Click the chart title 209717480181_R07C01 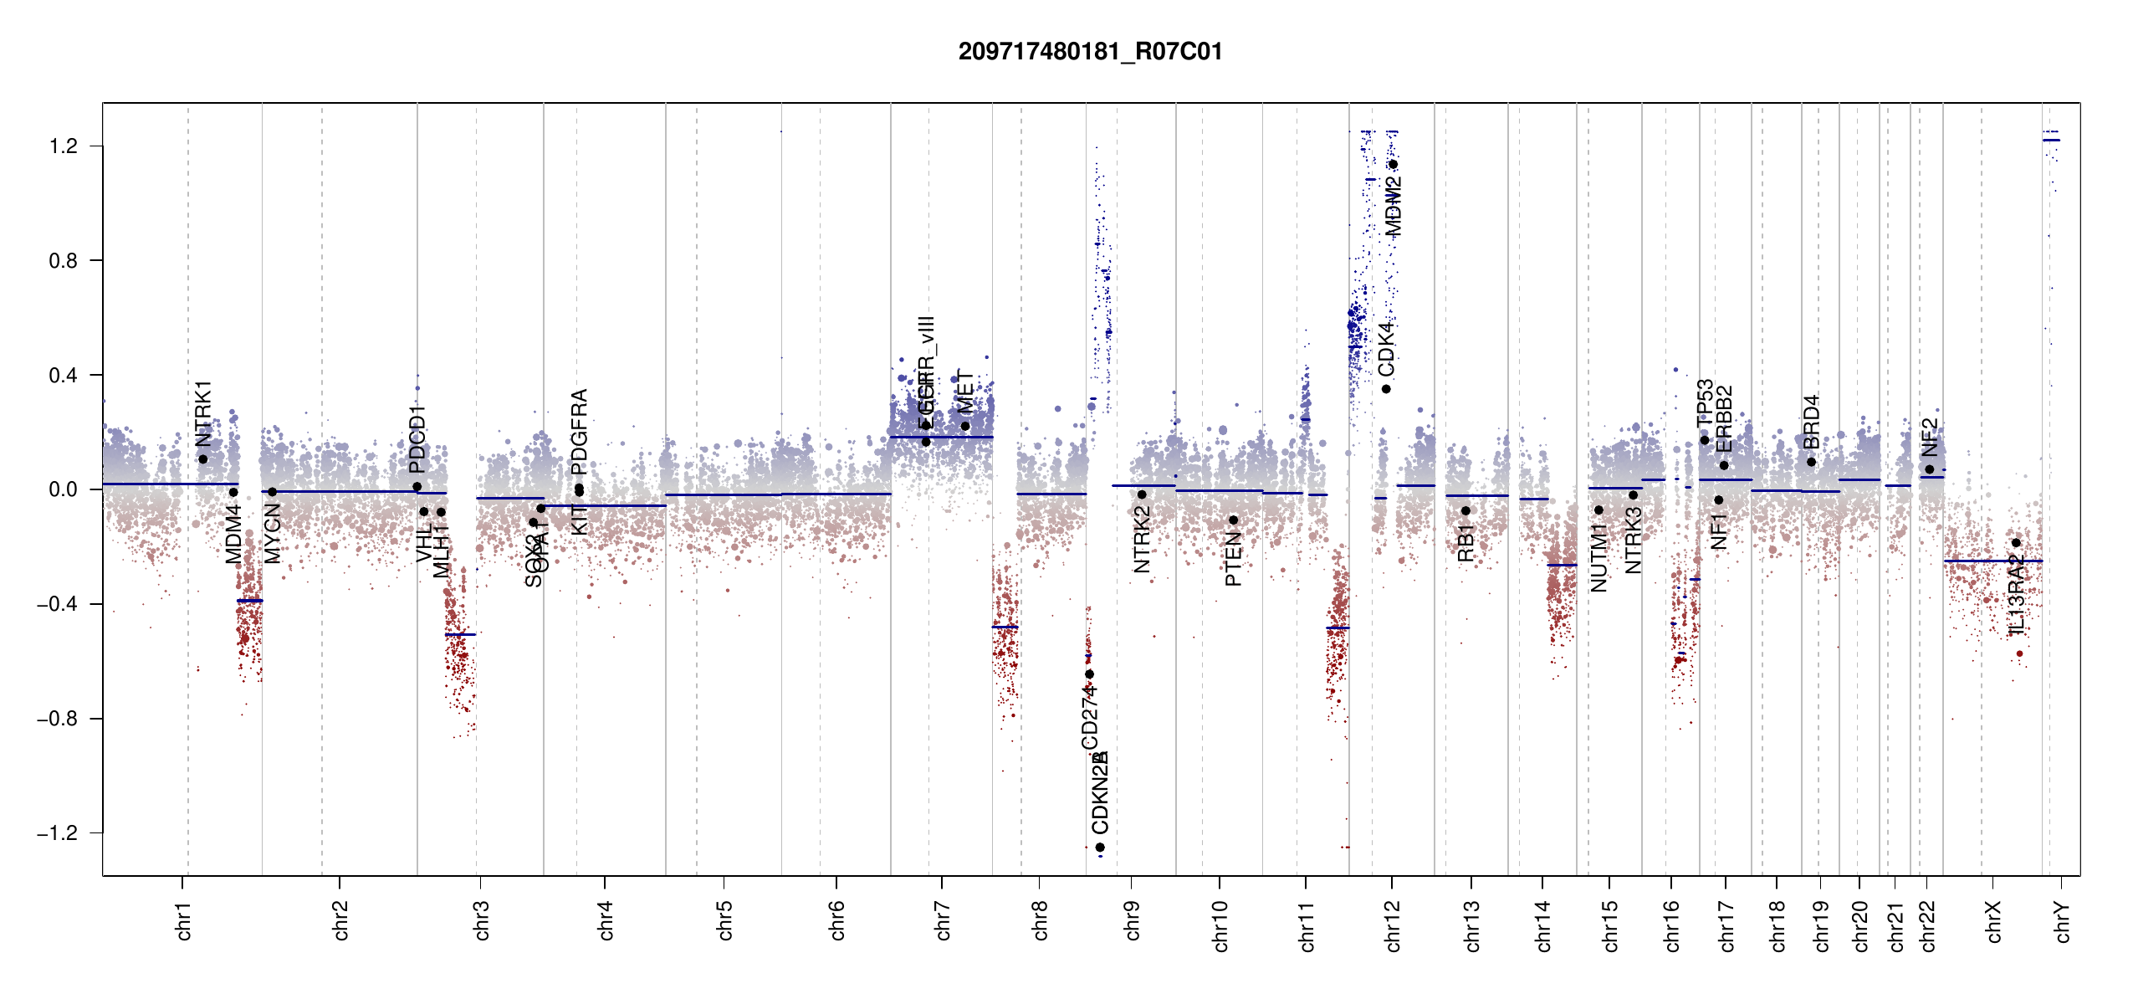pyautogui.click(x=1090, y=52)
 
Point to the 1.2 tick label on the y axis pyautogui.click(x=63, y=146)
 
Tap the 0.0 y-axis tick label pyautogui.click(x=63, y=489)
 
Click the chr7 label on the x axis pyautogui.click(x=943, y=920)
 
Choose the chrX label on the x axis pyautogui.click(x=1993, y=921)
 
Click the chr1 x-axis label pyautogui.click(x=184, y=920)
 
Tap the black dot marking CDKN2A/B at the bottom pyautogui.click(x=1100, y=848)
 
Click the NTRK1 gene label pyautogui.click(x=203, y=413)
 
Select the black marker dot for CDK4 pyautogui.click(x=1386, y=389)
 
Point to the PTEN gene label pyautogui.click(x=1233, y=558)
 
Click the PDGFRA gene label pyautogui.click(x=579, y=432)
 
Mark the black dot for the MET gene pyautogui.click(x=965, y=426)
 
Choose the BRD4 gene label pyautogui.click(x=1811, y=422)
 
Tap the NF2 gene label pyautogui.click(x=1930, y=437)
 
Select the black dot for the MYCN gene pyautogui.click(x=272, y=492)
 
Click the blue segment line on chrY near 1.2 pyautogui.click(x=2051, y=140)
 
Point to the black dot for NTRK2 pyautogui.click(x=1142, y=494)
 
